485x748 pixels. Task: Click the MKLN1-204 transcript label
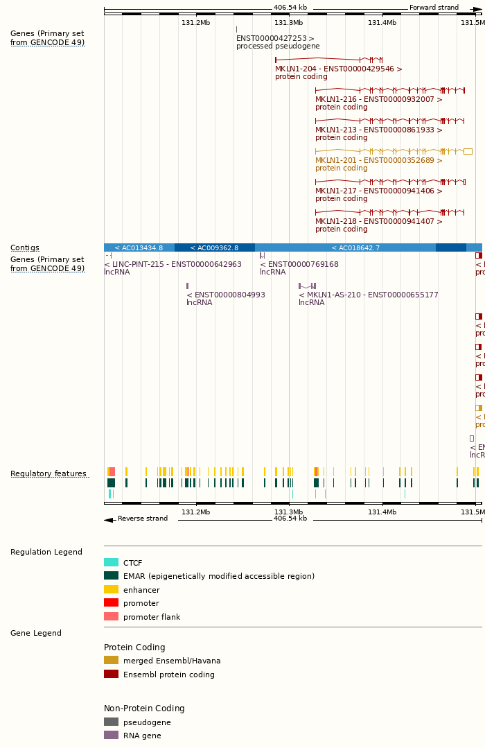tap(338, 69)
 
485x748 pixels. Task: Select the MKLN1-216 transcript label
tap(378, 99)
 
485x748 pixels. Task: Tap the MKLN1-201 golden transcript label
tap(378, 160)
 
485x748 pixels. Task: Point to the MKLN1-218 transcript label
tap(378, 221)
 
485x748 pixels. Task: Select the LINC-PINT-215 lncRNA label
tap(173, 264)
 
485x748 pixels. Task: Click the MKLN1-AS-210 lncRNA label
tap(368, 295)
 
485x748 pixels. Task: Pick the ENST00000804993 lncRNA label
tap(225, 295)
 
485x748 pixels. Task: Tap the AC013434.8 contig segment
tap(139, 247)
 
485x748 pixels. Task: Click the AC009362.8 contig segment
tap(214, 247)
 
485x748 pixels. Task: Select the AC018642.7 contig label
tap(355, 247)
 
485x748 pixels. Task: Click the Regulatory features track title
tap(48, 474)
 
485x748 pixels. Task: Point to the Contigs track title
tap(25, 247)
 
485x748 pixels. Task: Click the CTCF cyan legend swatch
tap(111, 563)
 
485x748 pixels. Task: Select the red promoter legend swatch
tap(111, 603)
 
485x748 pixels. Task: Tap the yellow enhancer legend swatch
tap(111, 590)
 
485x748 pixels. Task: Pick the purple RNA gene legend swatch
tap(111, 735)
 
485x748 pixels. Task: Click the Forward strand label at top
tap(434, 8)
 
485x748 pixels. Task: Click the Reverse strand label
tap(142, 519)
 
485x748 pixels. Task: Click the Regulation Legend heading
tap(46, 552)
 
